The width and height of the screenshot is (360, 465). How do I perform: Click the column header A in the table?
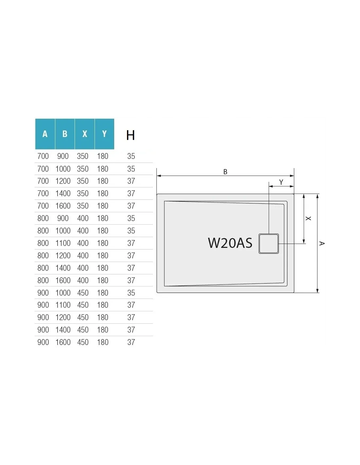tap(45, 134)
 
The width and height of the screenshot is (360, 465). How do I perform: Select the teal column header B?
tap(65, 134)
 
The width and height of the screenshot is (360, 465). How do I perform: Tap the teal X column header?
tap(85, 134)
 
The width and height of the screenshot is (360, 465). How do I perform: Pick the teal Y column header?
tap(104, 134)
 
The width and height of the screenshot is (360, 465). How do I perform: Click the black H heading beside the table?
tap(131, 135)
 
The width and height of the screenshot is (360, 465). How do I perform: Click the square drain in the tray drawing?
tap(269, 244)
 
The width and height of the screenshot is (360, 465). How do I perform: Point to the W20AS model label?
tap(230, 243)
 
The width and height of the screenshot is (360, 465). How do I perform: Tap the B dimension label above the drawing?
tap(225, 172)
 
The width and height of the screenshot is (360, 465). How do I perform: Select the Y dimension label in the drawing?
tap(281, 182)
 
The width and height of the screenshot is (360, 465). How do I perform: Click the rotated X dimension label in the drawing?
tap(308, 218)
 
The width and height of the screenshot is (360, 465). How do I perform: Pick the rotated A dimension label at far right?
tap(322, 243)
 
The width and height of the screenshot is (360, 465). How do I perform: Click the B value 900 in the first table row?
tap(63, 156)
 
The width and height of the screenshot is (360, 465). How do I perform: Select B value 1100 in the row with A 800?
tap(63, 243)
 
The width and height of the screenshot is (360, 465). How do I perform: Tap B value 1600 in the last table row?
tap(63, 342)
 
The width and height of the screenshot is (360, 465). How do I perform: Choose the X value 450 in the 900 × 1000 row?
tap(83, 293)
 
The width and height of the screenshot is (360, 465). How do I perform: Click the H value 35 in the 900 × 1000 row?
tap(131, 293)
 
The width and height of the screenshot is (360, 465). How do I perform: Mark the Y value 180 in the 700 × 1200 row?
tap(102, 181)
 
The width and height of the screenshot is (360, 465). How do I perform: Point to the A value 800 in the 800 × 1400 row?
tap(43, 268)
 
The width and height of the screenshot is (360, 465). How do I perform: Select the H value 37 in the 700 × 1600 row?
tap(131, 206)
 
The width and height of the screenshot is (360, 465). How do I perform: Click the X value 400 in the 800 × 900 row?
tap(83, 218)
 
